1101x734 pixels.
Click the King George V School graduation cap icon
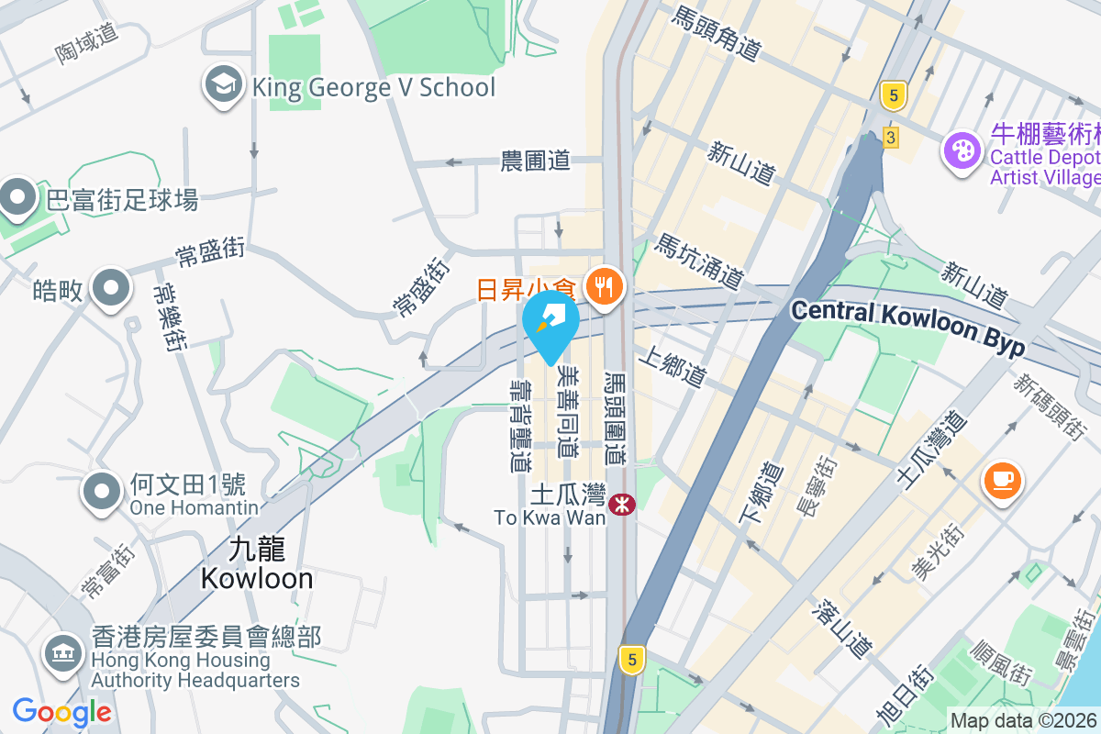click(x=223, y=86)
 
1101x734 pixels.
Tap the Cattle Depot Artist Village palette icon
click(x=962, y=150)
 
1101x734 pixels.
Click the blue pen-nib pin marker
click(x=551, y=323)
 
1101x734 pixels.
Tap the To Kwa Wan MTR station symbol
click(x=622, y=503)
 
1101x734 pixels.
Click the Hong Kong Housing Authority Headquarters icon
click(x=61, y=653)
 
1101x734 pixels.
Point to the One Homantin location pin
click(x=103, y=492)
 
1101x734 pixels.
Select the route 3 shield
click(x=890, y=138)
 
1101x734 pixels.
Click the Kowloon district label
click(x=257, y=563)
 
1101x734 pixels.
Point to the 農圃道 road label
click(x=536, y=161)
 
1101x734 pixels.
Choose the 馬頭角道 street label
click(x=716, y=34)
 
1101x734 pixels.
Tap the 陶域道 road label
click(x=87, y=42)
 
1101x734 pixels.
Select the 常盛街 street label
click(x=211, y=250)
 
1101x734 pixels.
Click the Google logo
click(x=62, y=711)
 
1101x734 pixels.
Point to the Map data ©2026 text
click(x=1023, y=720)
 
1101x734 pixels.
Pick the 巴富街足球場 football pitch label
click(x=122, y=199)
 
